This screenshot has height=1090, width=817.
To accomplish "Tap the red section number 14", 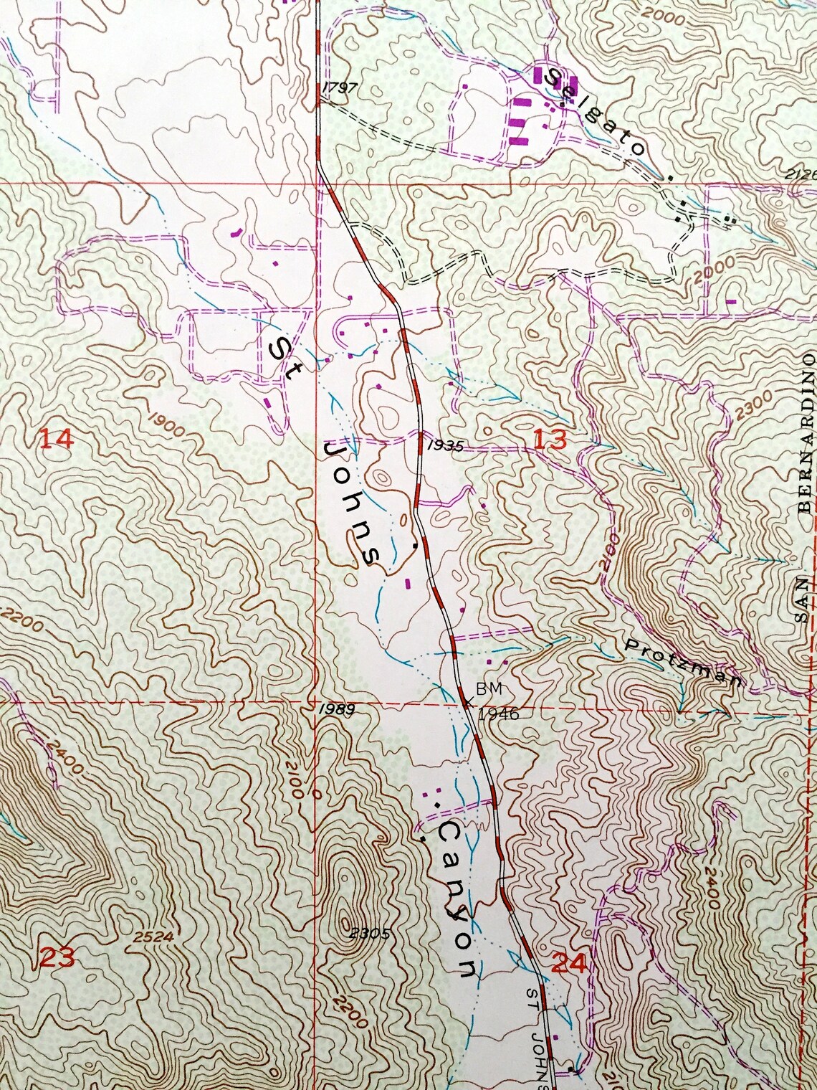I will [x=55, y=437].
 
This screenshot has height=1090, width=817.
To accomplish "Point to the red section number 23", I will [x=57, y=958].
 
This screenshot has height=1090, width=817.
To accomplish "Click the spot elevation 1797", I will [x=340, y=87].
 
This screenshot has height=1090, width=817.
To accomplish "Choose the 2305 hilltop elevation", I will [x=370, y=933].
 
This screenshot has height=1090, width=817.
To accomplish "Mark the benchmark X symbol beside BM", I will [x=467, y=702].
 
